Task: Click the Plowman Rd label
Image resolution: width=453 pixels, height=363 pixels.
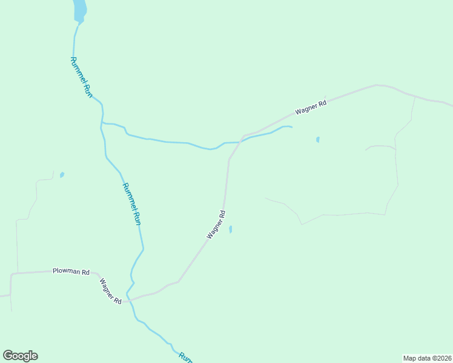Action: [71, 272]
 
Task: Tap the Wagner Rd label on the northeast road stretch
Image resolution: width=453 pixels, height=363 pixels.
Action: [311, 107]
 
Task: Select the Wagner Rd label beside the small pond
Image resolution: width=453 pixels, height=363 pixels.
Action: [216, 224]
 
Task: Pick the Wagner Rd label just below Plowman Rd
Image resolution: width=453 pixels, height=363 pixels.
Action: [111, 291]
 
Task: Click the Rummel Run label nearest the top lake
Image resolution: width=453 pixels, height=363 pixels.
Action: [81, 77]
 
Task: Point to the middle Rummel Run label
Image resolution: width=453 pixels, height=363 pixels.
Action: [132, 204]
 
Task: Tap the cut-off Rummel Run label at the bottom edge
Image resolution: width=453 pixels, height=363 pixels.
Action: [185, 358]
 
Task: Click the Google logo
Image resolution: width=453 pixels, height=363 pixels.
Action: [20, 356]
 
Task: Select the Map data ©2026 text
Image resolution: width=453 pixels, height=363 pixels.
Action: [427, 358]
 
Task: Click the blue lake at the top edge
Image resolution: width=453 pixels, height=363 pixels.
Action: [79, 9]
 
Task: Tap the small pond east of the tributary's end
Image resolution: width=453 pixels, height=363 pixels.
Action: [318, 140]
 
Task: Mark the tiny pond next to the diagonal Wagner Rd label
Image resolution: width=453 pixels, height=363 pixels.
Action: [230, 229]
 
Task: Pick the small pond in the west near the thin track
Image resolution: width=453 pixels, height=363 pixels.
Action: [62, 175]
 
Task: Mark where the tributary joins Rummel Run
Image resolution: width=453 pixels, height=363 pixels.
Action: [102, 123]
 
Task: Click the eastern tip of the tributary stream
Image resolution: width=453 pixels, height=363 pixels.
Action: [292, 127]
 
